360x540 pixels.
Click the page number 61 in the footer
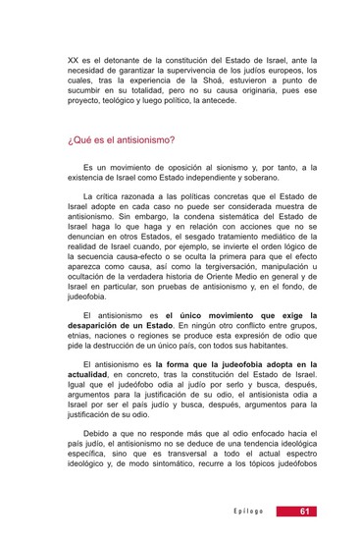point(306,511)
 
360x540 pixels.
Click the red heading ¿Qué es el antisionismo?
point(122,139)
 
